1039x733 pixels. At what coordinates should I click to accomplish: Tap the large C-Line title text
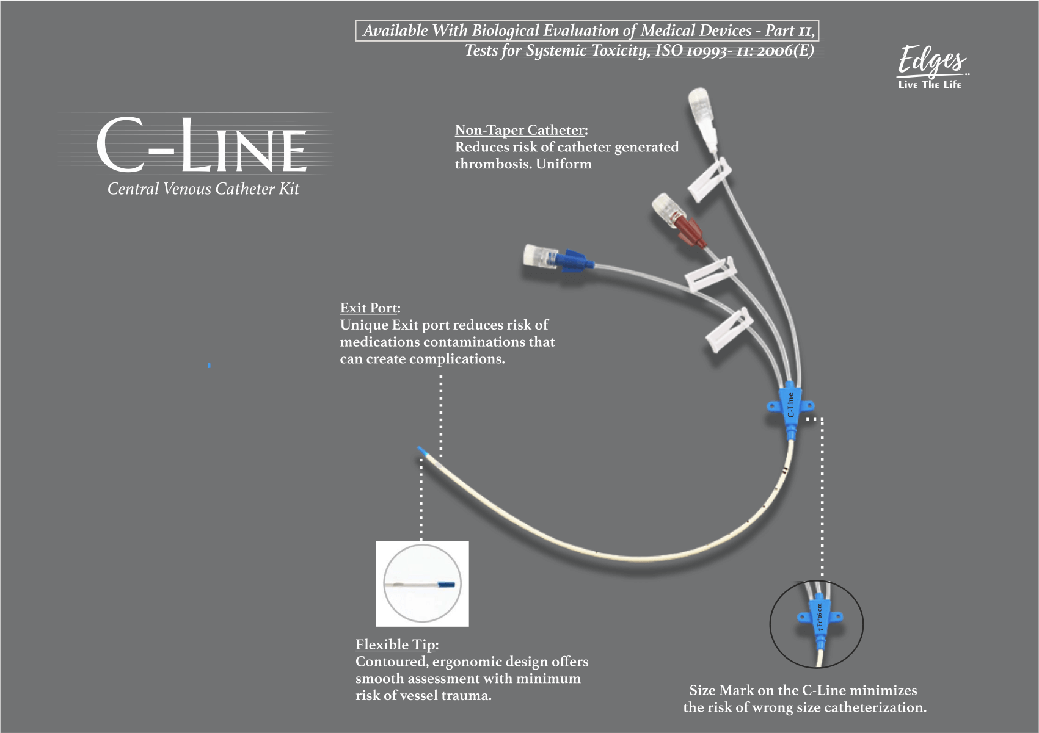202,145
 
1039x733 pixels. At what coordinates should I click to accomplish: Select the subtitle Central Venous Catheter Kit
203,189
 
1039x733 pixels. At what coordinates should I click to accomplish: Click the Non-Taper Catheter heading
520,130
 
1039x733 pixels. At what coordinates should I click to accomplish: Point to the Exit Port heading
370,308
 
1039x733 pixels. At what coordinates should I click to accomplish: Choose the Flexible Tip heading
396,645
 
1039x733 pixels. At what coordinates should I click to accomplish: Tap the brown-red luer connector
689,231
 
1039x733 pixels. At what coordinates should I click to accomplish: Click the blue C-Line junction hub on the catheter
790,405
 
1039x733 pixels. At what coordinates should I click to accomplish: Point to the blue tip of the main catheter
422,451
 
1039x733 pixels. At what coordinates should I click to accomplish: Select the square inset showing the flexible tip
422,583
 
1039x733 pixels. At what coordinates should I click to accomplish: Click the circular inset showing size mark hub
816,624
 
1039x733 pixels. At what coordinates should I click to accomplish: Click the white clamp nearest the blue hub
728,330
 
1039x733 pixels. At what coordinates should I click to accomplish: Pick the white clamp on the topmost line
710,179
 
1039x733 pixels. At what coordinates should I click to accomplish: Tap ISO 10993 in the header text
691,51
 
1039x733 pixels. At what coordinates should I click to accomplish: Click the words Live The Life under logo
930,85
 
